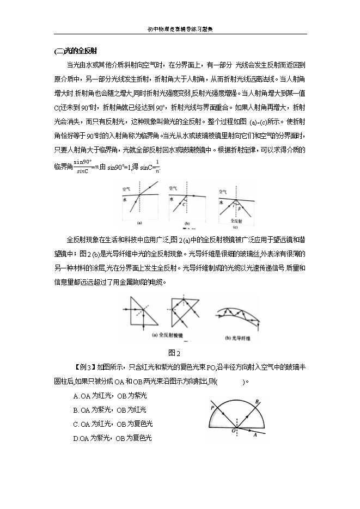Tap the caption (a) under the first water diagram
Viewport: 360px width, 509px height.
(x=140, y=222)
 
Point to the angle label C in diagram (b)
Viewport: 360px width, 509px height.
(x=186, y=204)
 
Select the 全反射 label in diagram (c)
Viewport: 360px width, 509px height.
(x=234, y=222)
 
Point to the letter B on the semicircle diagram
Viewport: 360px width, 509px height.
(x=257, y=401)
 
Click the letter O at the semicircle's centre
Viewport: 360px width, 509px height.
(x=234, y=431)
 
